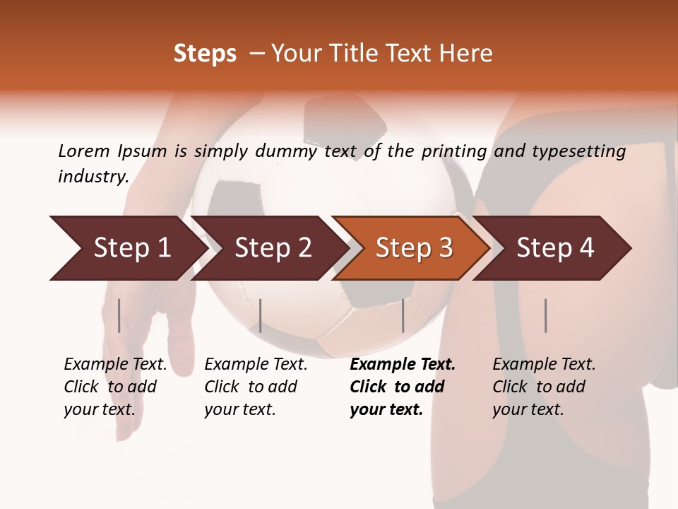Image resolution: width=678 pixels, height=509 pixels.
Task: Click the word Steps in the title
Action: (205, 54)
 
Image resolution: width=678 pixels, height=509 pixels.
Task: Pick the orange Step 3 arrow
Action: (413, 248)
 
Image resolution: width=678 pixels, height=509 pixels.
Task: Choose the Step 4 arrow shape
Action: (555, 248)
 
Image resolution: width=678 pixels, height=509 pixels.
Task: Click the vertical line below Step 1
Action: (119, 315)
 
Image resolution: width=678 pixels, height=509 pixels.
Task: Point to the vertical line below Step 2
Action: (261, 315)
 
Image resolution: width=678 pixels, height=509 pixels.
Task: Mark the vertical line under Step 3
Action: (403, 315)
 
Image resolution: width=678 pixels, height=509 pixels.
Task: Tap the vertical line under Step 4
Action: (545, 315)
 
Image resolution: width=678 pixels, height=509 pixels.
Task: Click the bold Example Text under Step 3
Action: (403, 365)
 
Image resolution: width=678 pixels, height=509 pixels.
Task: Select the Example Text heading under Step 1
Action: (115, 365)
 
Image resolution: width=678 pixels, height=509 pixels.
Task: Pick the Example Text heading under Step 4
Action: (544, 365)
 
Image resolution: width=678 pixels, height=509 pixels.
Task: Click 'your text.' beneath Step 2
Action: (239, 409)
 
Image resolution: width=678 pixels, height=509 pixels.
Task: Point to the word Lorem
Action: (83, 151)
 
